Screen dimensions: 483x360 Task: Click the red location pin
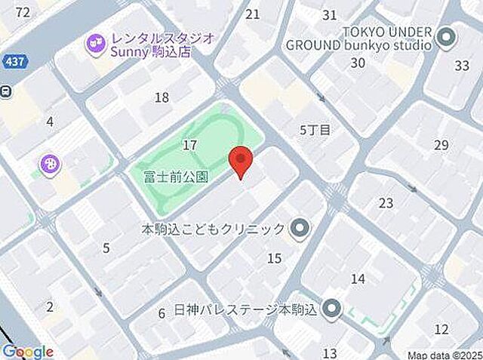click(x=240, y=161)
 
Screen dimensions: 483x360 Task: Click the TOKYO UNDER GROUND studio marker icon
click(x=446, y=36)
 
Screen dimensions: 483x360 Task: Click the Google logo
click(x=28, y=352)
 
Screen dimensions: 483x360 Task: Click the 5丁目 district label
click(x=315, y=130)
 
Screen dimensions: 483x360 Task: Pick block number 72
click(x=22, y=12)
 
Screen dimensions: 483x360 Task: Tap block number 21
click(x=253, y=14)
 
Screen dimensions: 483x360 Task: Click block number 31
click(x=329, y=14)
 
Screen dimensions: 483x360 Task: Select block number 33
click(x=462, y=65)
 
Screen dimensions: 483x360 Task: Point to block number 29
click(x=441, y=144)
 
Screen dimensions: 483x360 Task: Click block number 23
click(x=386, y=202)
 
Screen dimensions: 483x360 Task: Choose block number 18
click(x=162, y=97)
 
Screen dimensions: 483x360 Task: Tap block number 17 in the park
click(x=190, y=144)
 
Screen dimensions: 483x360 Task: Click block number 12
click(x=441, y=329)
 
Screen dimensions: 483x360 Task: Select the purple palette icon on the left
click(x=51, y=164)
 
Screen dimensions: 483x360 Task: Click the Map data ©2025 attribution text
click(x=444, y=354)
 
